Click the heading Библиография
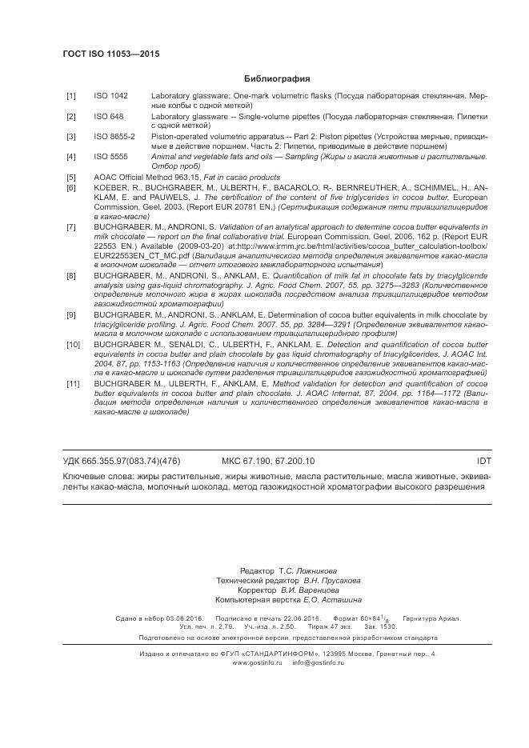[276, 79]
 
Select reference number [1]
[71, 96]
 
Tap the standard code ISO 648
[109, 116]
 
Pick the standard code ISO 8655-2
[114, 137]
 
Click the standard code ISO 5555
[111, 157]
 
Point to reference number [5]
[71, 177]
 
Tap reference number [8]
[71, 275]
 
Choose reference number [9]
[71, 314]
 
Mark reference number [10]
[73, 344]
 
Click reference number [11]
[73, 383]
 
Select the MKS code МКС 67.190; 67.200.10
[268, 461]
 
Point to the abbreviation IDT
[483, 461]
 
